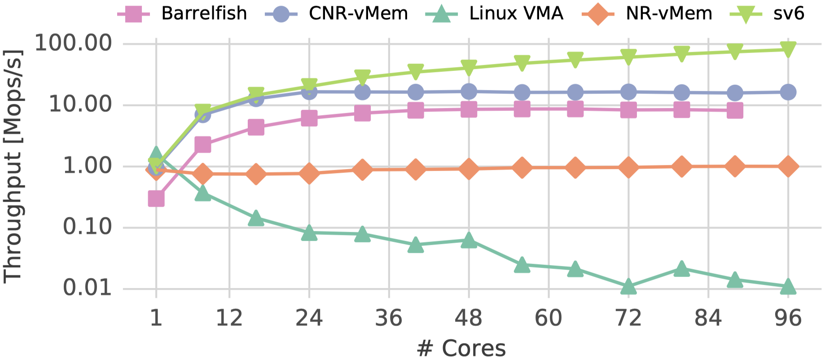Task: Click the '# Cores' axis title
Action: click(461, 348)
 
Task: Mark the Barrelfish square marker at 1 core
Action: click(156, 198)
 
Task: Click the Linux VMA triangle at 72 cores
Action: click(628, 286)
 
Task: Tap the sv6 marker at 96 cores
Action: click(788, 49)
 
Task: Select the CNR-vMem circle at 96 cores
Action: click(788, 92)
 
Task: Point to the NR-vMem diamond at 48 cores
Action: click(469, 169)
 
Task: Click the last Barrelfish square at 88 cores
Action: click(735, 110)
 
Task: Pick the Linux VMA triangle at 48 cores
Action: click(469, 240)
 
